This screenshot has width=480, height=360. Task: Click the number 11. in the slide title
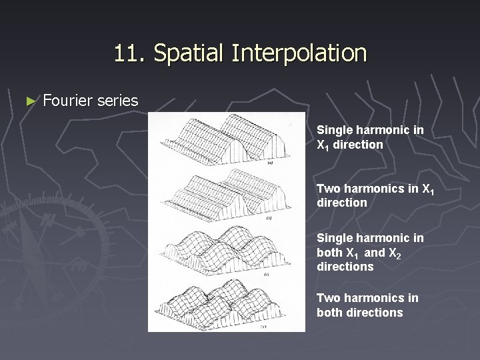[x=127, y=53]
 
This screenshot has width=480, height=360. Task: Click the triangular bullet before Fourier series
[x=29, y=101]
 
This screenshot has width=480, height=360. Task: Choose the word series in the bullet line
[x=117, y=101]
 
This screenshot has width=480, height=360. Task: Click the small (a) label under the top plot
[x=269, y=162]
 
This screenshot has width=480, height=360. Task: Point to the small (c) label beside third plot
[x=267, y=273]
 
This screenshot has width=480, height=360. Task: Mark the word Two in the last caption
[x=327, y=298]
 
